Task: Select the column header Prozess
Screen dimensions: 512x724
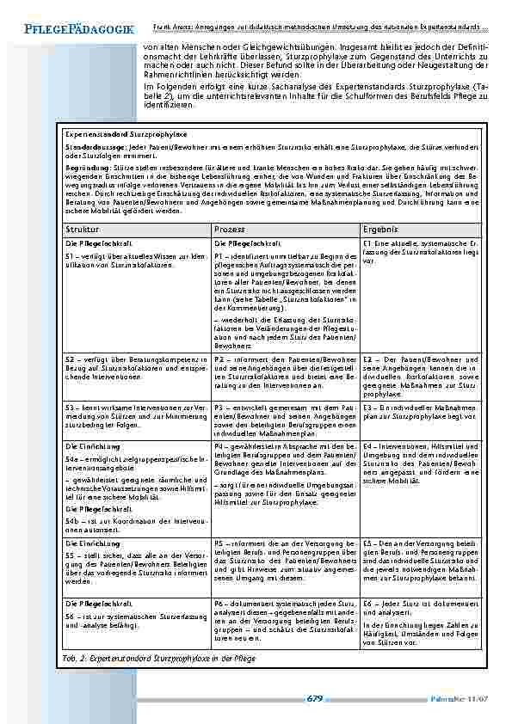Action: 231,230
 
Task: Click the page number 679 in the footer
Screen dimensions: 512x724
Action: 314,699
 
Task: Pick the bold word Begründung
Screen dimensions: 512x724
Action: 85,169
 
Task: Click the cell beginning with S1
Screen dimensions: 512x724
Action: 136,261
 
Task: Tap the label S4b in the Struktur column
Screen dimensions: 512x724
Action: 75,519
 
